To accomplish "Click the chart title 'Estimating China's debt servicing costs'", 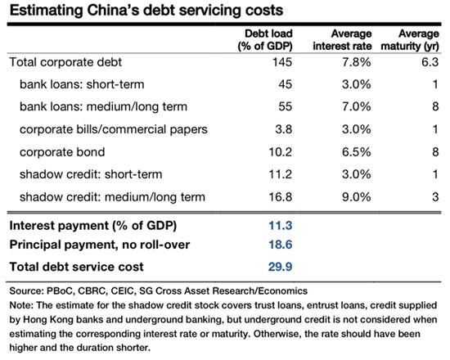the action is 146,11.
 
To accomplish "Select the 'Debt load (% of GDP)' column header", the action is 265,40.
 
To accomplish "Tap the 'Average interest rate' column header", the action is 342,40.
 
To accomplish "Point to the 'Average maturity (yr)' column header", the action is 410,40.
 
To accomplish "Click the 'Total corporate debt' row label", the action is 65,62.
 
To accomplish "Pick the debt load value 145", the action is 282,62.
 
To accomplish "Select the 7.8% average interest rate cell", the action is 356,62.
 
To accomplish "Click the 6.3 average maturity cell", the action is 430,62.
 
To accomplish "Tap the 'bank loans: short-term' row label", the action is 82,84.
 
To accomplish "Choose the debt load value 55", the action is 285,107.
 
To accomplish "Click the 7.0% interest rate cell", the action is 356,107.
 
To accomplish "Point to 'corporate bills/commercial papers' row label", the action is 114,129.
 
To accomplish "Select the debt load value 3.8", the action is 284,129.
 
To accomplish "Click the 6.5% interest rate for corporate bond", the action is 356,152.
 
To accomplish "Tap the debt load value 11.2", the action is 280,174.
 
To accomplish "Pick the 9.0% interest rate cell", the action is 356,197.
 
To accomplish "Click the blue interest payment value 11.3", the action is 280,226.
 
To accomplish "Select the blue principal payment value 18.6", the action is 280,245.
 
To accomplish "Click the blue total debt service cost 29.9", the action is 280,267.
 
